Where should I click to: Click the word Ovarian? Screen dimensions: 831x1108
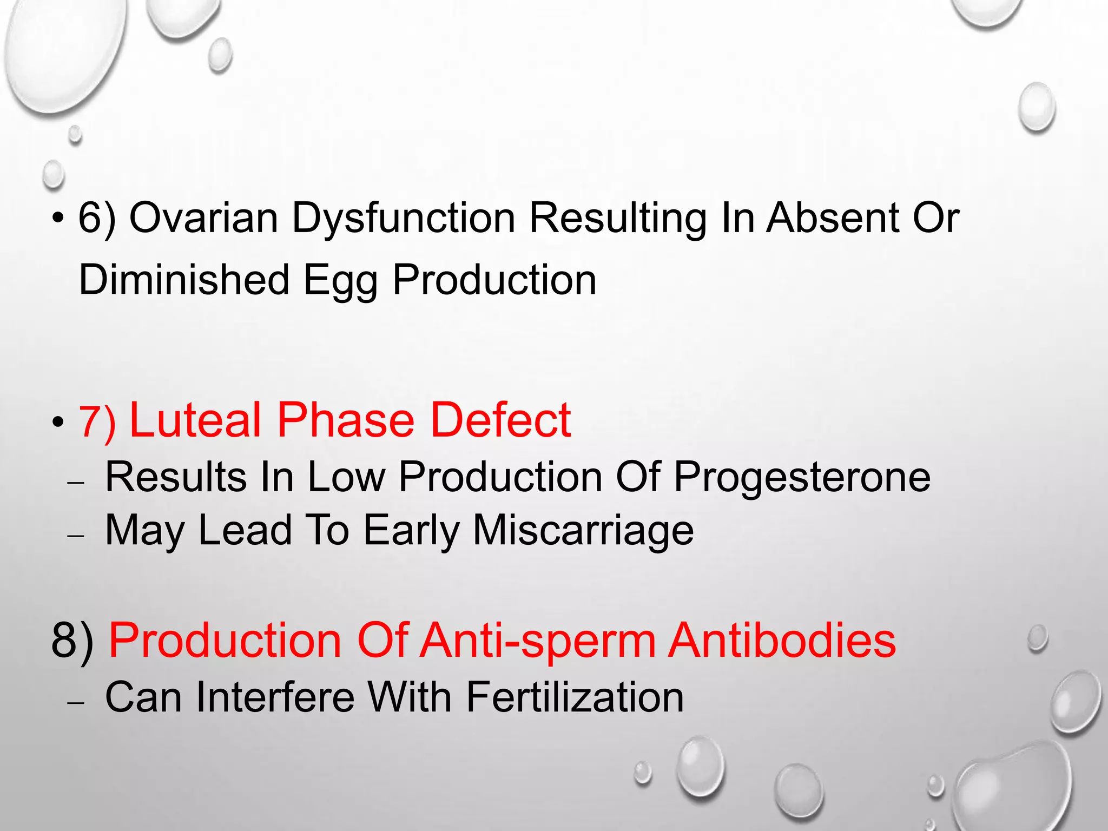pos(203,217)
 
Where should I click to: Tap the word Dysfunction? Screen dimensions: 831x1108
pos(403,217)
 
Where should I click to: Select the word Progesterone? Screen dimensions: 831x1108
pos(802,477)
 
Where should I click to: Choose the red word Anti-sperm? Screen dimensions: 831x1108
pos(538,641)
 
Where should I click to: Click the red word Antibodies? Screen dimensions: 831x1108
pos(782,641)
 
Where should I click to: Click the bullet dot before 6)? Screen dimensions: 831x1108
pos(58,219)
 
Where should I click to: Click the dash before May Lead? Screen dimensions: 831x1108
pos(76,535)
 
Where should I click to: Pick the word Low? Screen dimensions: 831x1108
pos(346,477)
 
